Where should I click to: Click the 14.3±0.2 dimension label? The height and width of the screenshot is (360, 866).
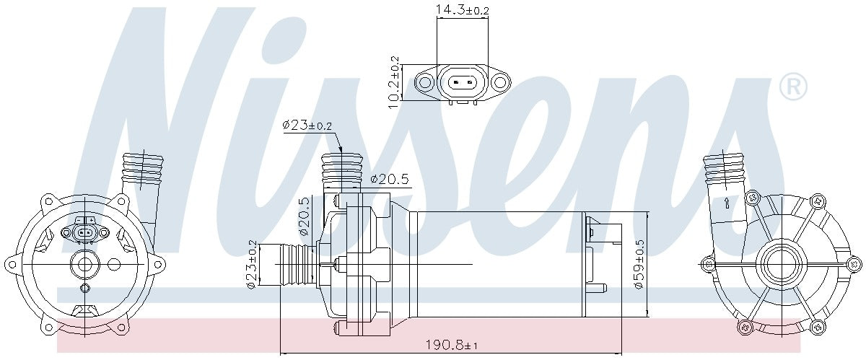[x=462, y=9]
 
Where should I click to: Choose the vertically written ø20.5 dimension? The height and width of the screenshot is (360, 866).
[x=304, y=217]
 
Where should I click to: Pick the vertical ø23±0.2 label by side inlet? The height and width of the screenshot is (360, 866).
[x=251, y=264]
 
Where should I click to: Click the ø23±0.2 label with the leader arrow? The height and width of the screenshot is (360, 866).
[x=307, y=126]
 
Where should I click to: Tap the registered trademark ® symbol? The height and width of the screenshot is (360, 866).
[x=793, y=87]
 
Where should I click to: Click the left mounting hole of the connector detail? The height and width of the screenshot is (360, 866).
[x=426, y=83]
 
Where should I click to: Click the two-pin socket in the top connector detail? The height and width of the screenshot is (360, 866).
[x=462, y=82]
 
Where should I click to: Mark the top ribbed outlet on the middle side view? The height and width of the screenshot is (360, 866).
[x=340, y=172]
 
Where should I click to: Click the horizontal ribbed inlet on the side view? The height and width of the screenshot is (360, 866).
[x=287, y=264]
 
